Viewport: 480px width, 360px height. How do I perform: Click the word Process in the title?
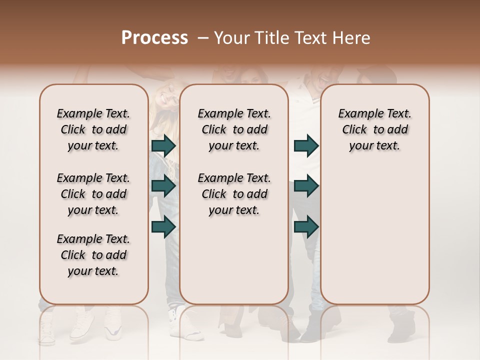[x=154, y=38]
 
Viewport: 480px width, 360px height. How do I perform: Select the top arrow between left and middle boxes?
[x=163, y=145]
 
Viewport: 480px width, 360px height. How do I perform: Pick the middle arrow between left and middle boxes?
[x=163, y=186]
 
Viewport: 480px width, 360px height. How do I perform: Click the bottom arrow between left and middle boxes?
[x=163, y=226]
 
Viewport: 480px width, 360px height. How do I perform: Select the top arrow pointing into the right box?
[x=306, y=145]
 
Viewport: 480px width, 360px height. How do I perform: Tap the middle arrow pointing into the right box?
[x=306, y=186]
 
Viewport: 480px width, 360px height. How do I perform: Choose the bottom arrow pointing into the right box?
[x=306, y=226]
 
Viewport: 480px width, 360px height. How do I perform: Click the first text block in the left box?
[x=93, y=129]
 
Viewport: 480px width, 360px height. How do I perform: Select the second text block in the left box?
[x=93, y=194]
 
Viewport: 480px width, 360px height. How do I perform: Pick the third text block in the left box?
[x=93, y=255]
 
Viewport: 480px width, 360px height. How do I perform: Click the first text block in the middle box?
[x=234, y=129]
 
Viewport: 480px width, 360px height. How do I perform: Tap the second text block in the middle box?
[x=234, y=194]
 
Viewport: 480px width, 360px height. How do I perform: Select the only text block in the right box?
[x=374, y=129]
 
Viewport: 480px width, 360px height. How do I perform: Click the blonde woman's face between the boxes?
[x=163, y=102]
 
